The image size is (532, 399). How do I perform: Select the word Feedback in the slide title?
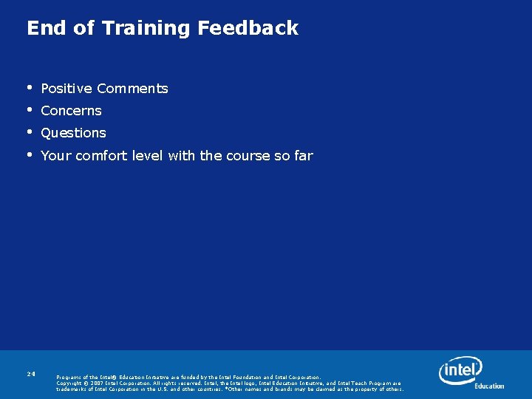point(248,28)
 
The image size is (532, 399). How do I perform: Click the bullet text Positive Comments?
point(104,89)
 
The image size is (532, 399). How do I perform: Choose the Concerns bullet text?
point(71,111)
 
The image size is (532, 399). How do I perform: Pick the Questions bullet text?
point(73,133)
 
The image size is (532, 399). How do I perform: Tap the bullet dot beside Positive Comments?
point(30,88)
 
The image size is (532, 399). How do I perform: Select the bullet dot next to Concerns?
point(30,110)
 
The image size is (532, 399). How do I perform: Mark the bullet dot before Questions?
point(30,132)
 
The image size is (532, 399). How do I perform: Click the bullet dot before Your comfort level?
point(30,155)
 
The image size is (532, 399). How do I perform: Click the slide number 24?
point(31,375)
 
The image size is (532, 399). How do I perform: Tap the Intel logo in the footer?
point(460,369)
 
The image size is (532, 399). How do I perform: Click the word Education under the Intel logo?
point(488,386)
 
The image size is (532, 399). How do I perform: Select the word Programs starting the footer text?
point(69,378)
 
